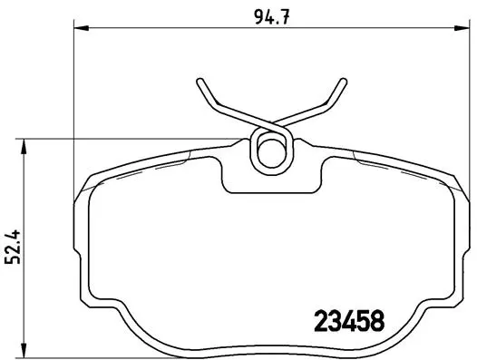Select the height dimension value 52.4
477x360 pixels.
(x=13, y=246)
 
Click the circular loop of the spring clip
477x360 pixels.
(x=269, y=151)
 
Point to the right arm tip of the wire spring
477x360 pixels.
(x=345, y=83)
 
